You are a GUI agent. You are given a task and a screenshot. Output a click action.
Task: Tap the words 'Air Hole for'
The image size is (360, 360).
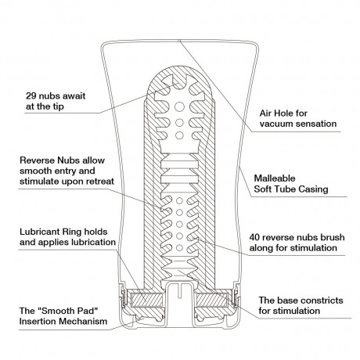tap(286, 111)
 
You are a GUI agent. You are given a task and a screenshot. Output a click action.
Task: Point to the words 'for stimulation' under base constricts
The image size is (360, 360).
tap(290, 311)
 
